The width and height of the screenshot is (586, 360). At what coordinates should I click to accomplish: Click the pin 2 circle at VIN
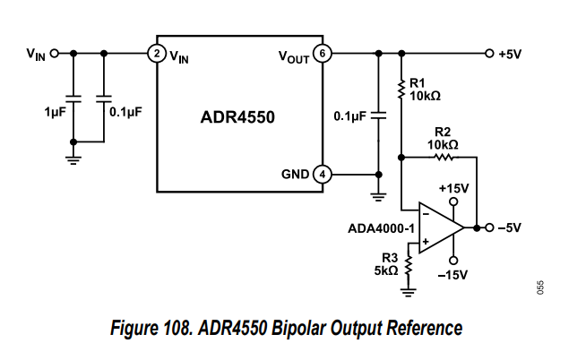point(156,54)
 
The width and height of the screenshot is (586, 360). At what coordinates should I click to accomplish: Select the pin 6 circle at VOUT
point(323,54)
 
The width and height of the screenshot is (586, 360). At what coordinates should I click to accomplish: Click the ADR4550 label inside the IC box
point(237,116)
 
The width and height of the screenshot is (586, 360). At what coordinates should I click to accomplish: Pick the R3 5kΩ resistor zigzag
point(409,266)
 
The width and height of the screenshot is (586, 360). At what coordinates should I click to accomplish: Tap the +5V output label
point(509,54)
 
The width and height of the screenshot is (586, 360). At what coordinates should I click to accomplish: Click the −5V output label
point(509,227)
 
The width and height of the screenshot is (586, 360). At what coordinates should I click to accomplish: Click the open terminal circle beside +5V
point(488,54)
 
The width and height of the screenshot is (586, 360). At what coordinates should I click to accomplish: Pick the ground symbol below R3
point(409,288)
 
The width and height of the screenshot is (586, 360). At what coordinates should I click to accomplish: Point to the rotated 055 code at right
point(541,287)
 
